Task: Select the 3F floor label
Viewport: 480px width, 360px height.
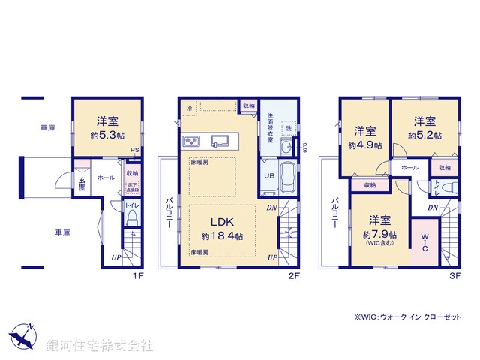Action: (454, 276)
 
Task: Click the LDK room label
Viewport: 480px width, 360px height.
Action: (221, 222)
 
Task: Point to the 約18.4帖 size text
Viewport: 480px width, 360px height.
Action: (222, 236)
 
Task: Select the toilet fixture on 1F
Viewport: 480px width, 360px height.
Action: (130, 217)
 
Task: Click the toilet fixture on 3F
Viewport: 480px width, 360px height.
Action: (448, 187)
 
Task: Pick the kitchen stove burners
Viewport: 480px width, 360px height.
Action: (190, 141)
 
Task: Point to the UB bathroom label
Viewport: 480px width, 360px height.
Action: (267, 176)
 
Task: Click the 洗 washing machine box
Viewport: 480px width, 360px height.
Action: (289, 128)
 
